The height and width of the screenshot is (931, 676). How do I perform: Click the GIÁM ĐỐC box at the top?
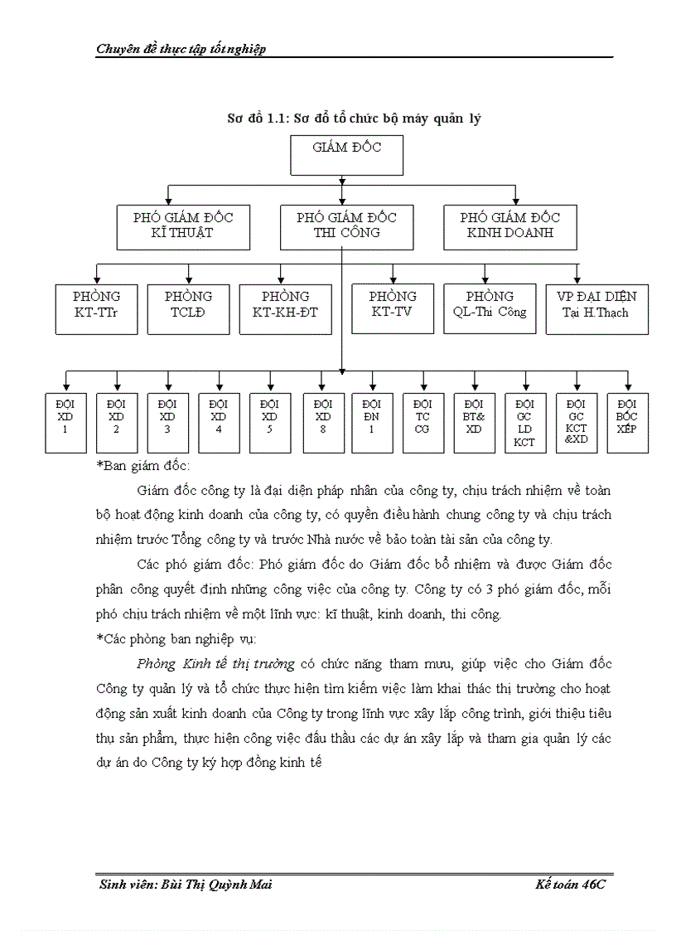coord(346,154)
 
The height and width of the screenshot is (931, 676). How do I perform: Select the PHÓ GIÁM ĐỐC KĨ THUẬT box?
coord(183,226)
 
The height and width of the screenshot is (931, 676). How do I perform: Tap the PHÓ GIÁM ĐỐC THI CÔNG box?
coord(346,226)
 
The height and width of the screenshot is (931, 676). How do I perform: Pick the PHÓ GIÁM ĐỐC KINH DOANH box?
coord(509,226)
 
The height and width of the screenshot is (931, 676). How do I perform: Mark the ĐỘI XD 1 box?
coord(65,422)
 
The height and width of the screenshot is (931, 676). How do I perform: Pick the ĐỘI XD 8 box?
coord(323,422)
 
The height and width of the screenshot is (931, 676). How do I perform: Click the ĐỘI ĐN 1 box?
coord(372,422)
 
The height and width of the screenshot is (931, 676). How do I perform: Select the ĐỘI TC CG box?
coord(422,422)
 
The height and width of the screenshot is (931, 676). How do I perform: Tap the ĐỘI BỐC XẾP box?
coord(627,422)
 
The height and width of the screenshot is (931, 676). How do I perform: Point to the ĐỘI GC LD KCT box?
coord(524,422)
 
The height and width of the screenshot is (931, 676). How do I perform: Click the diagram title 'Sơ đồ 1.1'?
coord(355,119)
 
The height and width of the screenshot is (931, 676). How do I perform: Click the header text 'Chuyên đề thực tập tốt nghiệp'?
coord(181,49)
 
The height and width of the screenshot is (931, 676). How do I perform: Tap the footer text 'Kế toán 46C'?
coord(573,885)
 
